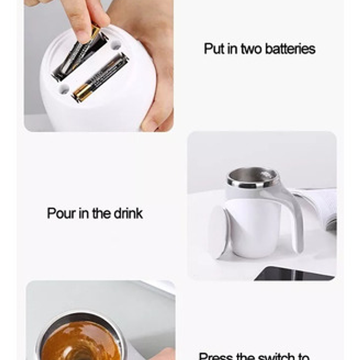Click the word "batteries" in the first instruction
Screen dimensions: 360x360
(290, 49)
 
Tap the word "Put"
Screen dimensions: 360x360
(214, 49)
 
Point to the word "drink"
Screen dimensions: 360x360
(128, 213)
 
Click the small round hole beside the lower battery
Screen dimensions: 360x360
(63, 89)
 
